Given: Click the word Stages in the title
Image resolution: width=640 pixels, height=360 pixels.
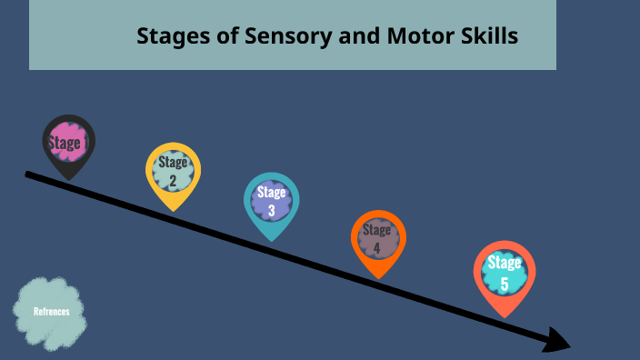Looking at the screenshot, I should click(167, 36).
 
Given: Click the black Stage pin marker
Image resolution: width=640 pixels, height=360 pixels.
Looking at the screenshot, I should click(68, 143).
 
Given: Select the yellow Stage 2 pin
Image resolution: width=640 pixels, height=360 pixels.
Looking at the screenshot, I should click(173, 170).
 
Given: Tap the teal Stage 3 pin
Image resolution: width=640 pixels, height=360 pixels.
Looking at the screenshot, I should click(271, 200).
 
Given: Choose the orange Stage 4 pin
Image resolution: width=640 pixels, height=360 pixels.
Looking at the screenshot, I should click(377, 238).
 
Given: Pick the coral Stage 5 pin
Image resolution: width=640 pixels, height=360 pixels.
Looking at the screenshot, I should click(505, 272).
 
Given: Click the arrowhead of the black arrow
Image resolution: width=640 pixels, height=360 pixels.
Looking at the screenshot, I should click(557, 340).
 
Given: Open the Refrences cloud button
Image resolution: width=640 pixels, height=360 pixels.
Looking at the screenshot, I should click(51, 312).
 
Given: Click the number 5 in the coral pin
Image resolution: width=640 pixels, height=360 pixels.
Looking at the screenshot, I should click(505, 284).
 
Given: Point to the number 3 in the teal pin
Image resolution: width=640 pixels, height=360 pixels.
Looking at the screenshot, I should click(271, 211).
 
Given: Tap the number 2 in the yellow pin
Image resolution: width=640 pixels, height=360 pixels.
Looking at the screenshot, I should click(173, 179).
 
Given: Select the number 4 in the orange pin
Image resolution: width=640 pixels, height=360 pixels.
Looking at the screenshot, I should click(376, 247).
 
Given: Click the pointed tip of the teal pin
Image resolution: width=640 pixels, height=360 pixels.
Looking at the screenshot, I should click(271, 240).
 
